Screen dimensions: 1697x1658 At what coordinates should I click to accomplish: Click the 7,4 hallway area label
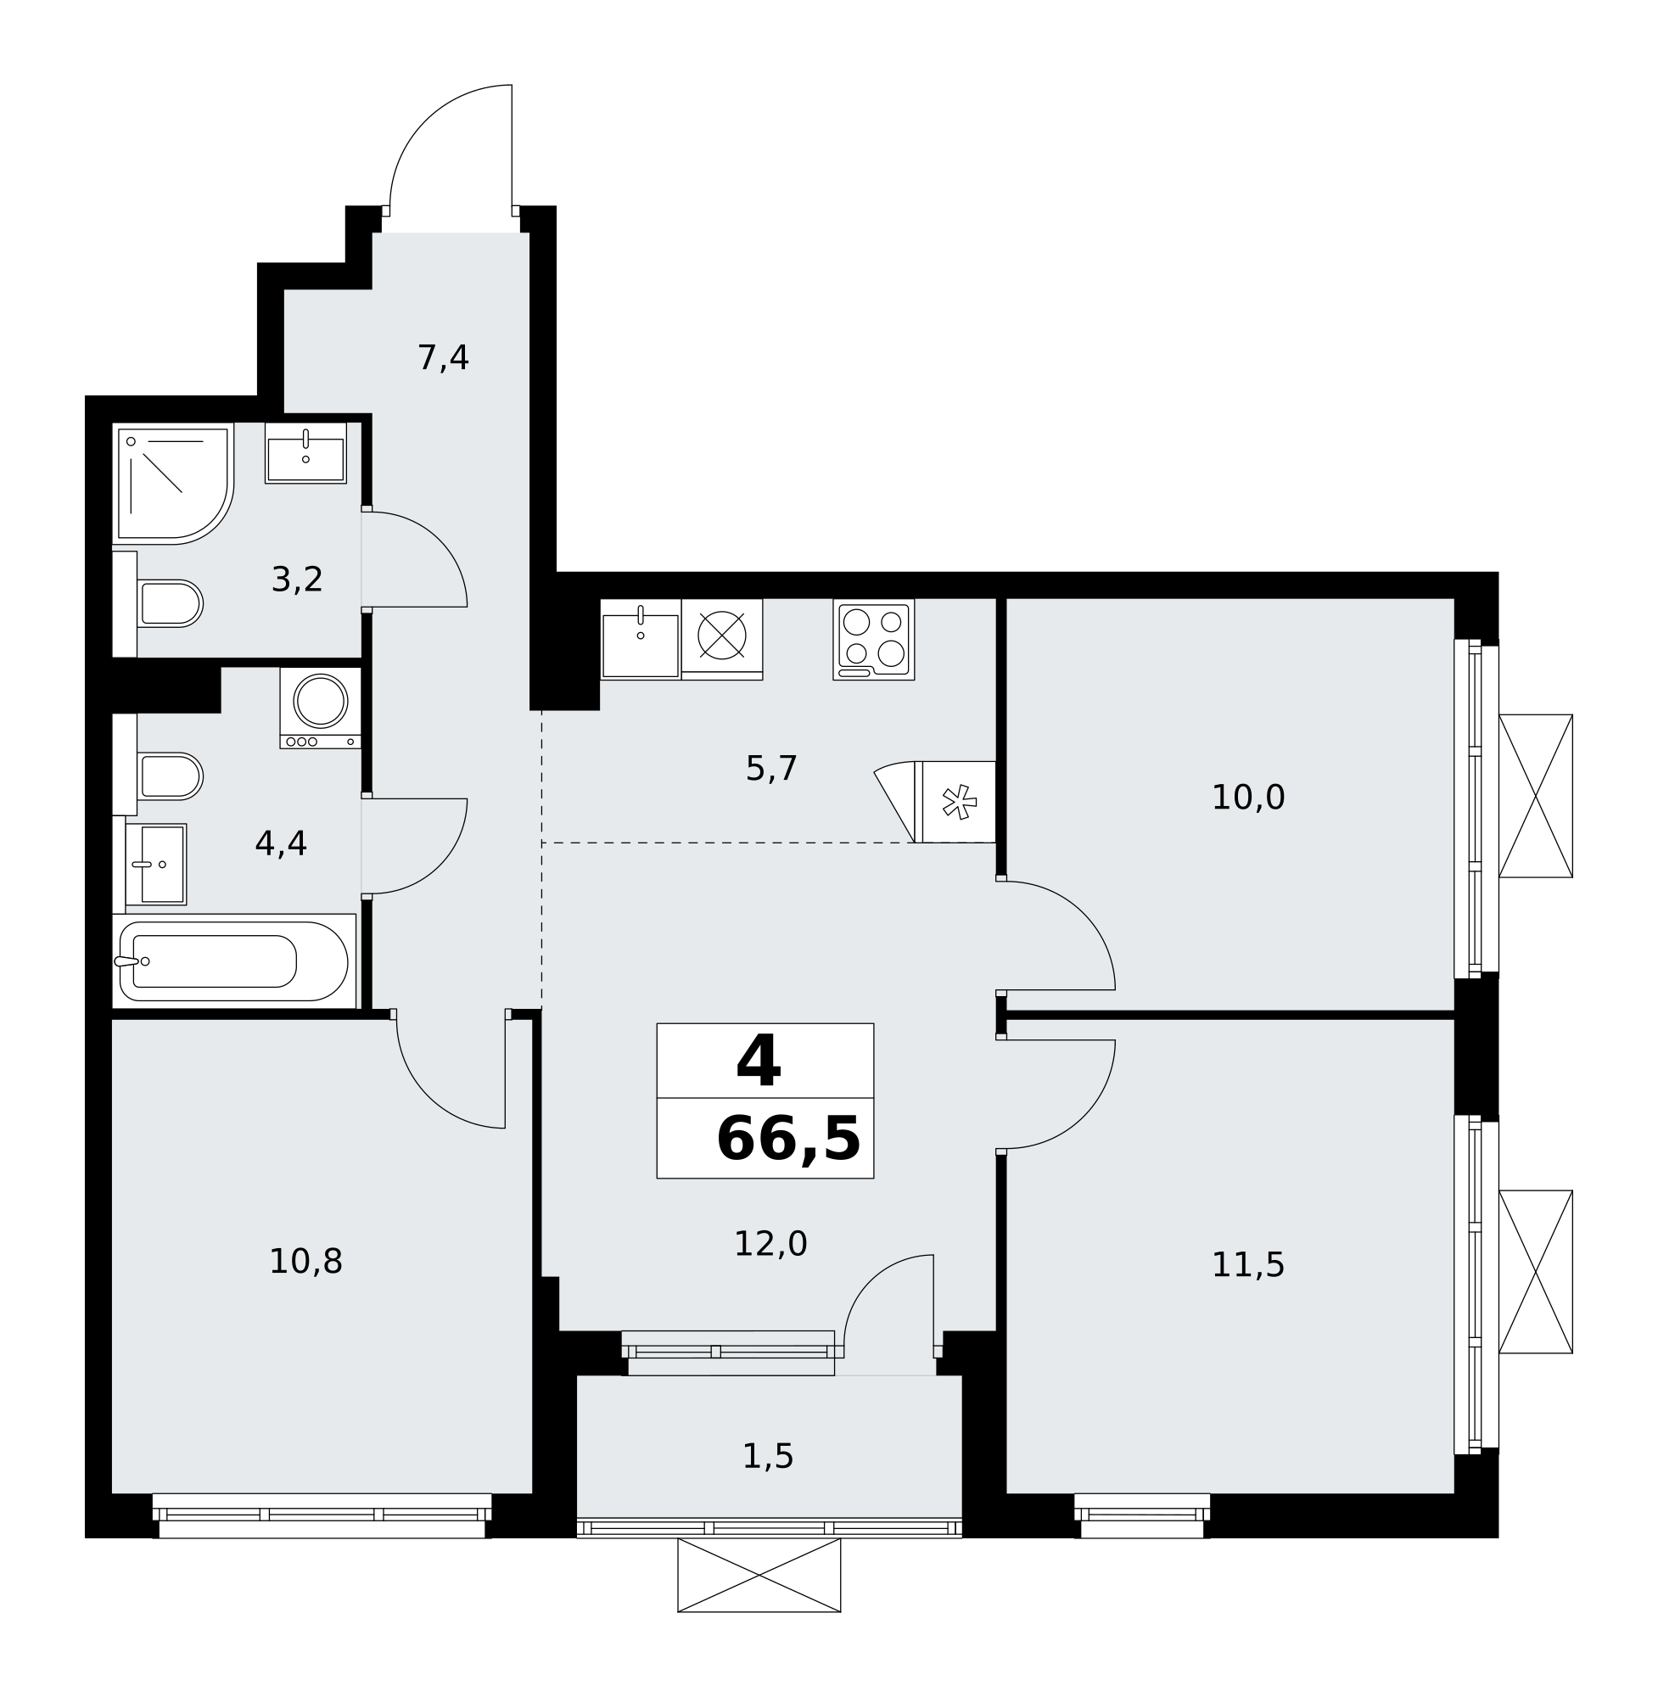click(443, 358)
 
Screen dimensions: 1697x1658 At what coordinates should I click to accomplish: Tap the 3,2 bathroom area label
click(297, 579)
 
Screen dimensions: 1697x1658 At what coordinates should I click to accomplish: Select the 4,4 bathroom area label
click(280, 843)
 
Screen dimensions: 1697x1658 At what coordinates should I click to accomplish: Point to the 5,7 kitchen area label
click(771, 769)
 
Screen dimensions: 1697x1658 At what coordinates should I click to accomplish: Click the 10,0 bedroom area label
click(1248, 798)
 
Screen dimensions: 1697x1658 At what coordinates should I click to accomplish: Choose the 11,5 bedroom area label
click(1248, 1265)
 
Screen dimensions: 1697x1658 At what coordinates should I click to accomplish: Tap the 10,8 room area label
click(305, 1261)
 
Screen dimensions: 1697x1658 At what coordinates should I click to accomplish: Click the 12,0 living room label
click(770, 1243)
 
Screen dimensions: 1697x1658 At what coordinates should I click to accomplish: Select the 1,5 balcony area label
click(768, 1456)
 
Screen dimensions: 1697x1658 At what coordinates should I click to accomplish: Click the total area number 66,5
click(787, 1140)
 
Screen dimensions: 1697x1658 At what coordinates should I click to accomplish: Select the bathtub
click(233, 961)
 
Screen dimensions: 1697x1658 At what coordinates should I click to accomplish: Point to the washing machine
click(321, 707)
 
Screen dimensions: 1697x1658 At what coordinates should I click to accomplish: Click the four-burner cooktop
click(873, 638)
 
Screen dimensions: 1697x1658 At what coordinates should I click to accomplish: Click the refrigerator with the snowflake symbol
click(957, 801)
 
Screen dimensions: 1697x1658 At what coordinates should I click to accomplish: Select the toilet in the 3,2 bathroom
click(170, 602)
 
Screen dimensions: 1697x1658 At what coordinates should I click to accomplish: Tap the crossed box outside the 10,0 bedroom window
click(1536, 796)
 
